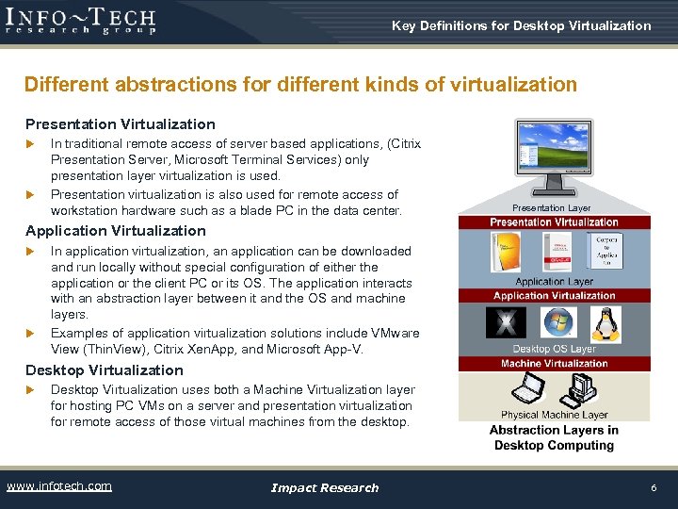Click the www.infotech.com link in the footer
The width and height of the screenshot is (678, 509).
(59, 486)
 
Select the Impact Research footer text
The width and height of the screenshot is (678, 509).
(325, 487)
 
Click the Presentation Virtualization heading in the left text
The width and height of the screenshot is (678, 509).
(121, 124)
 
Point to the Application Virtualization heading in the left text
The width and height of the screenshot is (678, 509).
(116, 231)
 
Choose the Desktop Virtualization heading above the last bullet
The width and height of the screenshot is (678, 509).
(105, 369)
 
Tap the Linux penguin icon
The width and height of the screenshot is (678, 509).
(605, 324)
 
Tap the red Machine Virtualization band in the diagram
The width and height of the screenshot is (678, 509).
(554, 364)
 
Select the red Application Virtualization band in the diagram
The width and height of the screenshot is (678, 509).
(554, 296)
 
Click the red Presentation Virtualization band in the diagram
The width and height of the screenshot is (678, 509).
(554, 222)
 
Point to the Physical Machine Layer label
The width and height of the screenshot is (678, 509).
(554, 414)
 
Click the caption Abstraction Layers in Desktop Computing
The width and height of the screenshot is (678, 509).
(554, 437)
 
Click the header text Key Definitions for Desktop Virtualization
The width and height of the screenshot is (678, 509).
(521, 25)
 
